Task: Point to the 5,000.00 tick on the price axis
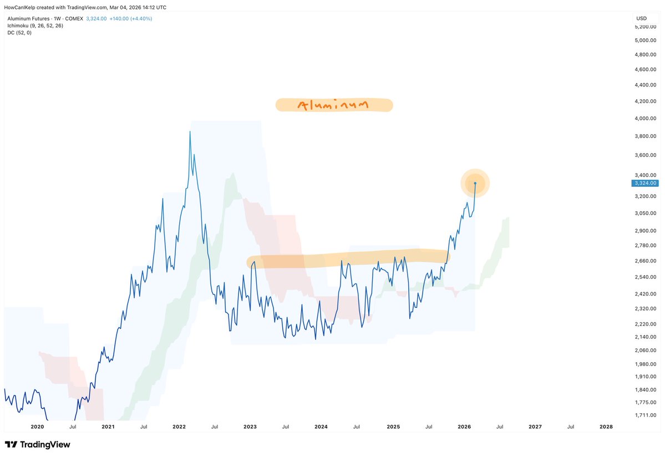[x=646, y=40]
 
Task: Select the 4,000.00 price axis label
[x=646, y=119]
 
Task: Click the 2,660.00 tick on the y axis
[x=646, y=261]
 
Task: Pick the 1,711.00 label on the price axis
[x=646, y=415]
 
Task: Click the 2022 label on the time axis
[x=179, y=427]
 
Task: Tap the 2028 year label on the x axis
[x=606, y=427]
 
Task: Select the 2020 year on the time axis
[x=37, y=427]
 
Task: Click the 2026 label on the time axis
[x=464, y=427]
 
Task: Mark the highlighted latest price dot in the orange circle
[x=475, y=183]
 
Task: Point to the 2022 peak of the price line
[x=190, y=131]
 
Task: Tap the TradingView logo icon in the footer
[x=11, y=445]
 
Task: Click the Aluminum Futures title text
[x=31, y=18]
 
